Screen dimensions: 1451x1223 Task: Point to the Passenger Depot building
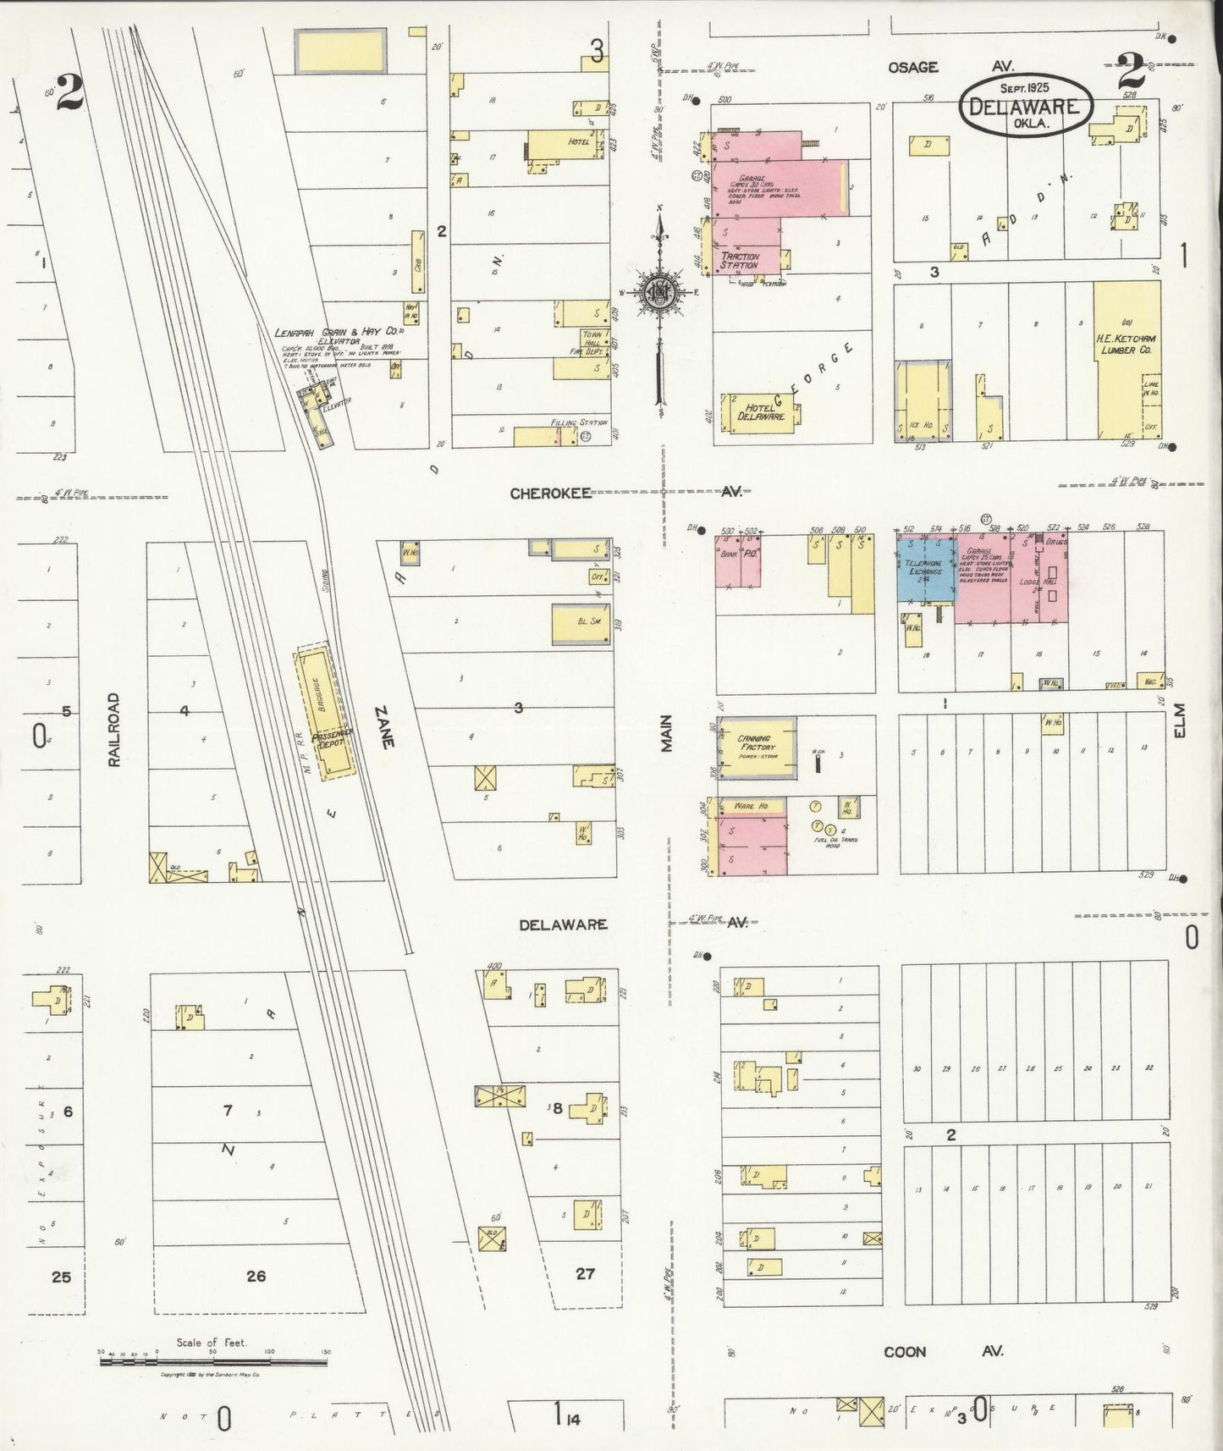325,711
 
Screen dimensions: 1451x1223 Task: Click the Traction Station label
740,260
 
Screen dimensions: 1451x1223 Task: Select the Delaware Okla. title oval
1025,103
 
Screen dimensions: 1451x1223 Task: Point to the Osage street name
912,67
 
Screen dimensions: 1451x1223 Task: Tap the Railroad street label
114,731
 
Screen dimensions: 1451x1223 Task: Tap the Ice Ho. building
923,402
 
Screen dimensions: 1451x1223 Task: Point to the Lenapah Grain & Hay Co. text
336,333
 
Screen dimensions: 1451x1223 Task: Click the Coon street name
905,1352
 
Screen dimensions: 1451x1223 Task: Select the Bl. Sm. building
581,624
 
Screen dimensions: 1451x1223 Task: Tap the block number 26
256,1276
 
